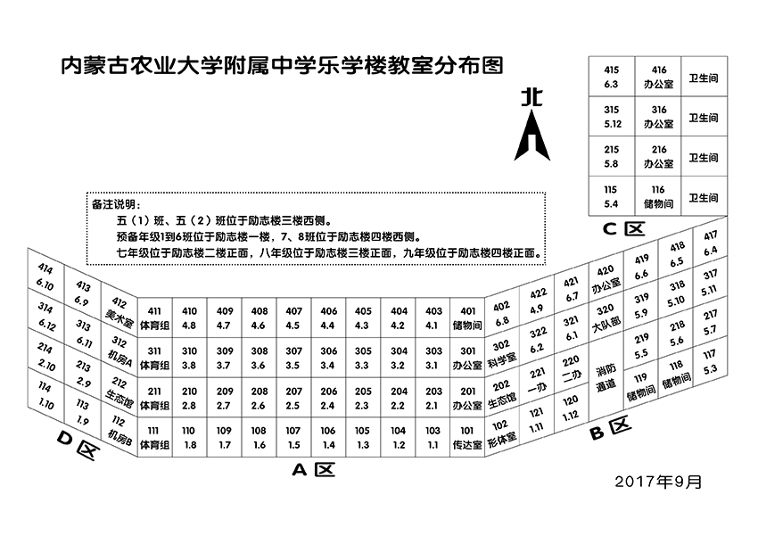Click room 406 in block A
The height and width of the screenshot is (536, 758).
tap(329, 317)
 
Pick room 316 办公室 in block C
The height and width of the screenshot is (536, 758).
tap(659, 116)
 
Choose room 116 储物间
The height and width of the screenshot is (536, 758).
tap(659, 197)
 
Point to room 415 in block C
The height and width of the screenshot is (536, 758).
tap(611, 76)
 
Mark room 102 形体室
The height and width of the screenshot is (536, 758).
tap(502, 432)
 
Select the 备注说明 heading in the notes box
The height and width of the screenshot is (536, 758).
tap(117, 202)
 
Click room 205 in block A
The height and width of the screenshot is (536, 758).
tap(364, 397)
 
